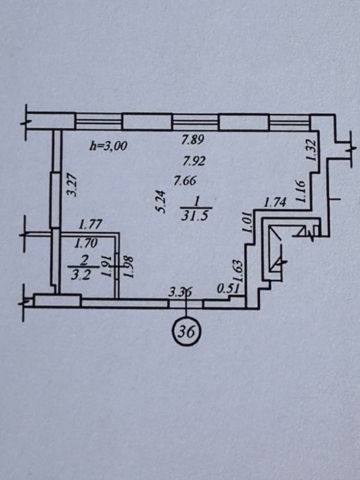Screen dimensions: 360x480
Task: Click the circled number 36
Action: point(186,331)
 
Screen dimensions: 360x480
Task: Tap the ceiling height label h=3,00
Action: point(108,145)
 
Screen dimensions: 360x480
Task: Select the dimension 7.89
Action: point(193,140)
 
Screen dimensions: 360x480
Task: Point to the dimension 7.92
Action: point(194,160)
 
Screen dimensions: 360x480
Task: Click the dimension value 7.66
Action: point(185,180)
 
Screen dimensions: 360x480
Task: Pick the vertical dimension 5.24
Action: point(160,202)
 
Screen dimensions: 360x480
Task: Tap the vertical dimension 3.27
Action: point(72,185)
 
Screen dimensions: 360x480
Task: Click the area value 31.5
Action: point(195,216)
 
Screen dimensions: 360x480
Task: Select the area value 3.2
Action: point(80,275)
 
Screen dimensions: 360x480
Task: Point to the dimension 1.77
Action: point(90,225)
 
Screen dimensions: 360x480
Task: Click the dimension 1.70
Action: point(86,243)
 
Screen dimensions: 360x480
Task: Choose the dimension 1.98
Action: point(129,267)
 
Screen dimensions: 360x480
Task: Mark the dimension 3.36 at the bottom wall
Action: point(180,292)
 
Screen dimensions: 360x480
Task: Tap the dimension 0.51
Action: point(228,289)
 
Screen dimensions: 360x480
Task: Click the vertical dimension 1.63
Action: point(238,271)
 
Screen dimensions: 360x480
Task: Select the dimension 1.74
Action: point(275,203)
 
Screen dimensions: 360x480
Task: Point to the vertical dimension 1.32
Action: point(311,149)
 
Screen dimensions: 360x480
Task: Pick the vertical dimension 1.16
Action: point(301,191)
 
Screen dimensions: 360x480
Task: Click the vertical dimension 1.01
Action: point(248,223)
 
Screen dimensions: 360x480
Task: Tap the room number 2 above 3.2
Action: point(84,261)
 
